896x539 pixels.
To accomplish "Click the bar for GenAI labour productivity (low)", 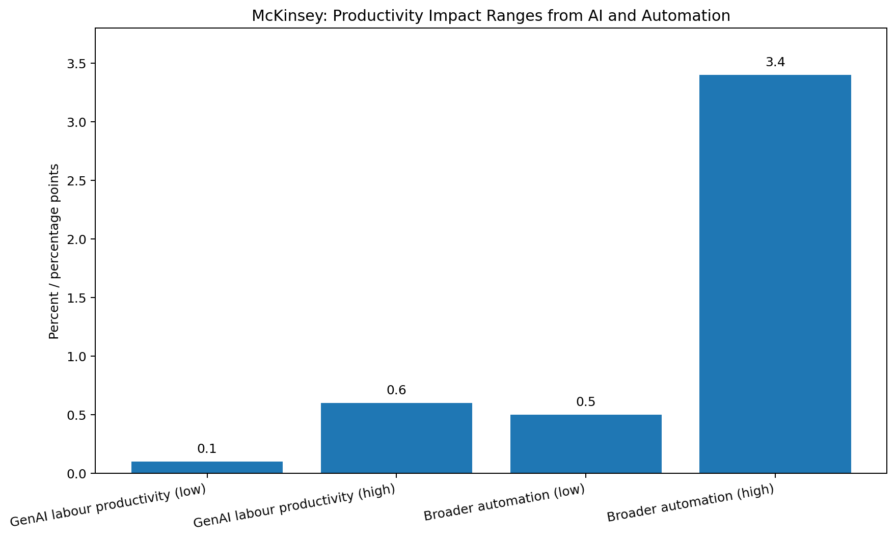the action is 207,467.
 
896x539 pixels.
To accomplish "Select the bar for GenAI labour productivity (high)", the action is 396,438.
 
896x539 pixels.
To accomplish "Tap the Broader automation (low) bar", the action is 586,444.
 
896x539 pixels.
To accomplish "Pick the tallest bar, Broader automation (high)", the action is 775,274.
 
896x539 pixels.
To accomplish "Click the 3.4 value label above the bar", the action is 775,62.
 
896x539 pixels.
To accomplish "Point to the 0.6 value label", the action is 396,390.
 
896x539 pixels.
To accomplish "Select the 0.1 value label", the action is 207,449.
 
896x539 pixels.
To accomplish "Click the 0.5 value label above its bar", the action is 586,402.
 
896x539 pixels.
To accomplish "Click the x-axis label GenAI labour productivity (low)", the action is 108,505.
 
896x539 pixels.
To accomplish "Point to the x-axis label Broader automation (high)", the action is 691,503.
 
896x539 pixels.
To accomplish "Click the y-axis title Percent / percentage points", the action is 54,251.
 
